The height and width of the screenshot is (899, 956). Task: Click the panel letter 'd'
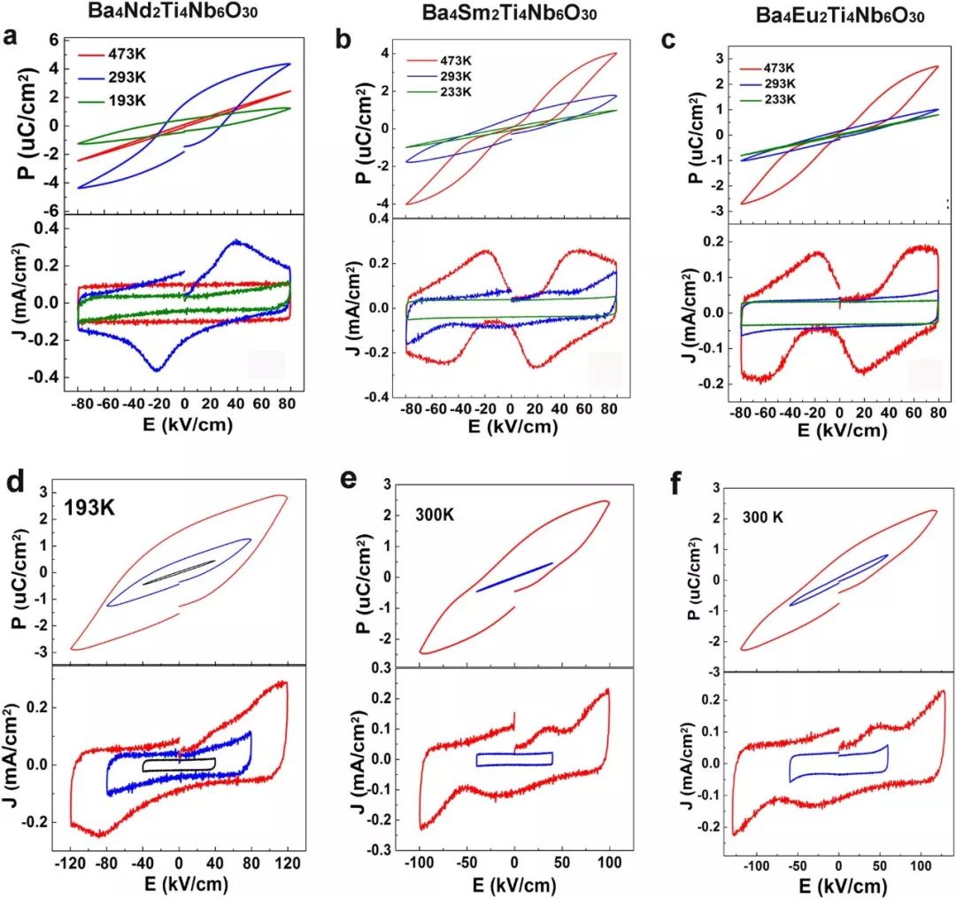(x=13, y=486)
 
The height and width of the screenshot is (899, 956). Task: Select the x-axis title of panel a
(x=184, y=424)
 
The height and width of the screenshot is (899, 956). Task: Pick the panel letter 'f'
(x=673, y=486)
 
